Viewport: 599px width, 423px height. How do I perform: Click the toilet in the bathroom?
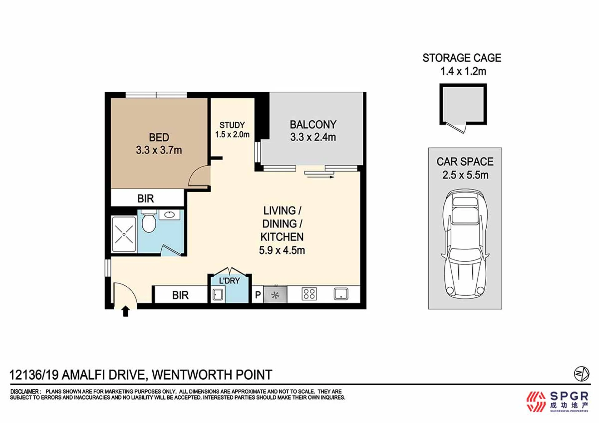[149, 221]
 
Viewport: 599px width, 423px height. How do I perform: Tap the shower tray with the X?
[124, 234]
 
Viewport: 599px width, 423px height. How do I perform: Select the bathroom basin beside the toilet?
[169, 215]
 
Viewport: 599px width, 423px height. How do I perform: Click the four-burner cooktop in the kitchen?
[309, 294]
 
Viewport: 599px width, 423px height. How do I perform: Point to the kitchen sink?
[341, 294]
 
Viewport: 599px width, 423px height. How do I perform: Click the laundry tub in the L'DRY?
[218, 294]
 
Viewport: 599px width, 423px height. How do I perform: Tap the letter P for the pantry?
[258, 295]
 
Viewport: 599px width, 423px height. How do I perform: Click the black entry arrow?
[125, 311]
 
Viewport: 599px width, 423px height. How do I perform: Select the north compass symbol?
[582, 374]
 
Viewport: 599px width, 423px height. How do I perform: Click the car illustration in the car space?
[465, 243]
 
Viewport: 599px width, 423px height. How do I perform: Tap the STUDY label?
[232, 125]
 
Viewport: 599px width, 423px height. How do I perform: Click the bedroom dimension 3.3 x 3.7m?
[159, 150]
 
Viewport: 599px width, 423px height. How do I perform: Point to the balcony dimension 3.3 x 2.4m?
[313, 137]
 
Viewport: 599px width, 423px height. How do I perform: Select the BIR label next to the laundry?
[180, 295]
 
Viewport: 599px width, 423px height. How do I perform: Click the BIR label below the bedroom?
[146, 199]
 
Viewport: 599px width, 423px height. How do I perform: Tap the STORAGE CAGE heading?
[462, 58]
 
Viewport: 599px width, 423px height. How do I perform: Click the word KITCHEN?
[282, 237]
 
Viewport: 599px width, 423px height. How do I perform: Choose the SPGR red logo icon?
[536, 402]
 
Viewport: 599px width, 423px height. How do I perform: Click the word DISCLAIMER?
[25, 391]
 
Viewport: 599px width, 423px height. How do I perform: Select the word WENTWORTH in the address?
[192, 375]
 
